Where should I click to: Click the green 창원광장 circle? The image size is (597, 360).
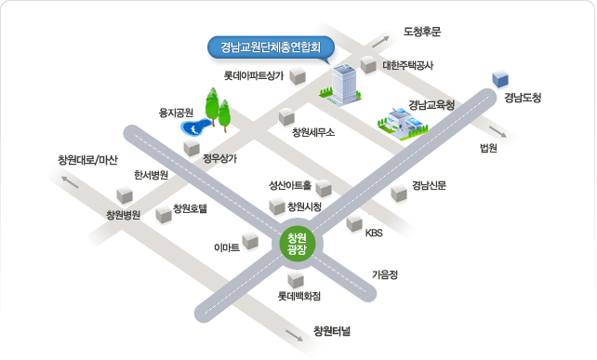tap(297, 245)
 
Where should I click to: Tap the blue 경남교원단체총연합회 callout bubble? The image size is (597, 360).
tap(272, 48)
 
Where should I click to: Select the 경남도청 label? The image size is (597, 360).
tap(523, 98)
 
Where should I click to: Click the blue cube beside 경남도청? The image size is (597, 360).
tap(500, 79)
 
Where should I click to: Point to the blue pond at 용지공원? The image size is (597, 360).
tap(195, 127)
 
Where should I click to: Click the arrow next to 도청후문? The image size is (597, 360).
tap(380, 42)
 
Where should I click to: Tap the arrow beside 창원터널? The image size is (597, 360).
tap(294, 336)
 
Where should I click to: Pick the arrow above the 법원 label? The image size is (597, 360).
tap(498, 132)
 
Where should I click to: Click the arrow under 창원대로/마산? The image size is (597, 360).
tap(70, 182)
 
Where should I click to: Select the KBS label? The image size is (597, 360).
tap(374, 233)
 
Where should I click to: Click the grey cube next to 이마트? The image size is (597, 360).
tap(250, 240)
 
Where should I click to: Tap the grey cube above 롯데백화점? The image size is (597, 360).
tap(296, 280)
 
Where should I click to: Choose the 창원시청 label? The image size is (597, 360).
tap(304, 207)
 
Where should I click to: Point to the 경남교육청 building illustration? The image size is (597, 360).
tap(403, 124)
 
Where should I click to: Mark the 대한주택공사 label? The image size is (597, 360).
tap(407, 65)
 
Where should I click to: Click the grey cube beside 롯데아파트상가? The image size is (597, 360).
tap(298, 76)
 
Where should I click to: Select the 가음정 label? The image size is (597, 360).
tap(385, 274)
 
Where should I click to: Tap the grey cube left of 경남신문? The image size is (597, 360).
tap(399, 193)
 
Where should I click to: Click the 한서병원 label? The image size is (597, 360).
tap(151, 175)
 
